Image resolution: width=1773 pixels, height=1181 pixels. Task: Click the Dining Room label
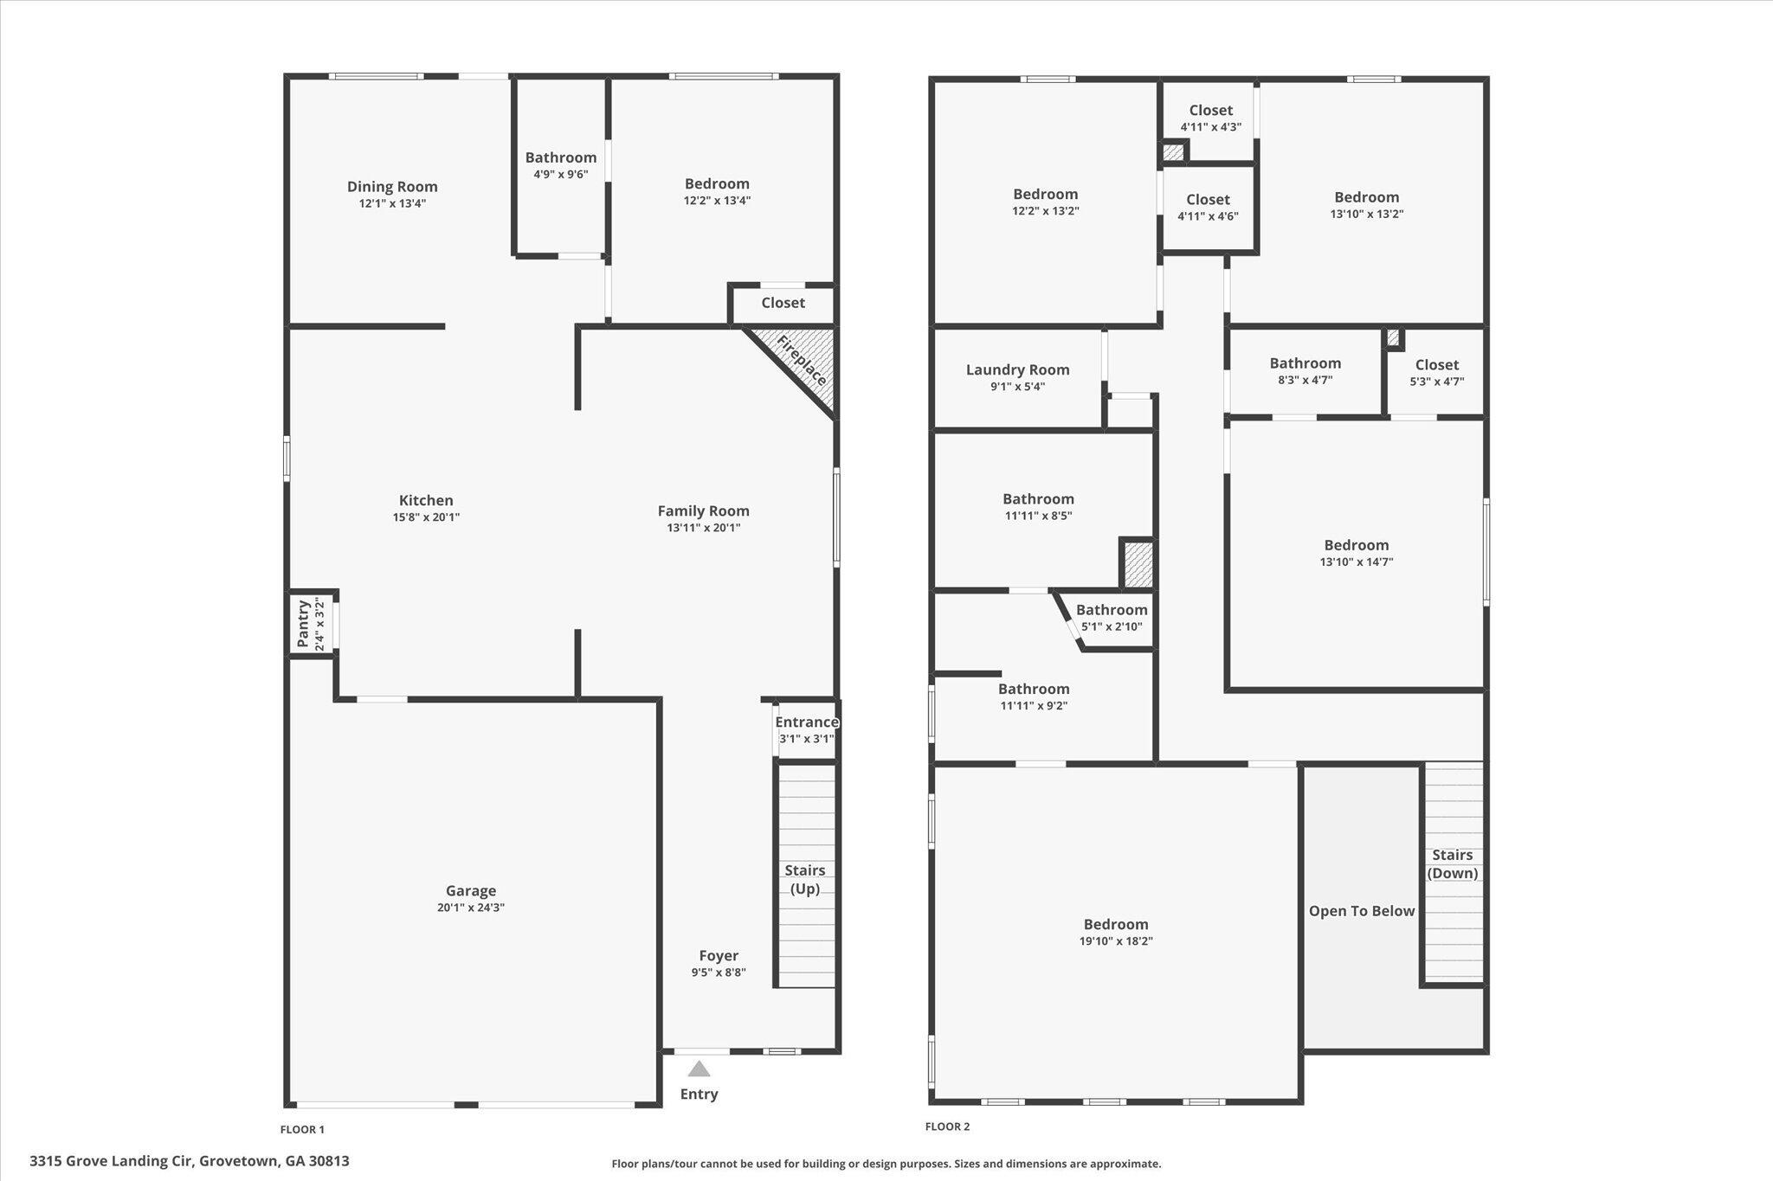coord(392,186)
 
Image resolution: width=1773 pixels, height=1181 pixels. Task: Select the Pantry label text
coord(303,623)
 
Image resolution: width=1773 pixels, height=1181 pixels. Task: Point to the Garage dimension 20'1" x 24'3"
coord(471,908)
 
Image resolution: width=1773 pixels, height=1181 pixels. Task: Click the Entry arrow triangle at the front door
coord(699,1069)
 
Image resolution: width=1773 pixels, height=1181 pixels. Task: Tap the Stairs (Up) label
coord(805,879)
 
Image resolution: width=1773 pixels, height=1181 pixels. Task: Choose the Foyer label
coord(719,955)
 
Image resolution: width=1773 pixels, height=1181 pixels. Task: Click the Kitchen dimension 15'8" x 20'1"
coord(426,517)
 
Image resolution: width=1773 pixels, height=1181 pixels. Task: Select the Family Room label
coord(703,510)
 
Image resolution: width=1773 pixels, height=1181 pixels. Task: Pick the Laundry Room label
coord(1018,369)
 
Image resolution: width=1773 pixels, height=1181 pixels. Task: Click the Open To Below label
coord(1362,910)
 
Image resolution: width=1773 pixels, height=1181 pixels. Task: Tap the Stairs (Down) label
coord(1453,863)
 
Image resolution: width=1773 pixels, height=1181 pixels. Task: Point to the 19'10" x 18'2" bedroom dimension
coord(1116,941)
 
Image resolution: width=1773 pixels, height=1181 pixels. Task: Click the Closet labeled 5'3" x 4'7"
coord(1437,364)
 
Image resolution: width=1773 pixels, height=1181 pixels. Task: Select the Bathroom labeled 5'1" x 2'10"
coord(1112,610)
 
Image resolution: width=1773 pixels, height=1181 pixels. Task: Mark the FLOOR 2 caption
coord(947,1126)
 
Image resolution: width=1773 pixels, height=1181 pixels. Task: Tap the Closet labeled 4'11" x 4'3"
coord(1210,110)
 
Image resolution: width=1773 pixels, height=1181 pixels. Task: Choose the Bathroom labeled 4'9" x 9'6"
coord(561,157)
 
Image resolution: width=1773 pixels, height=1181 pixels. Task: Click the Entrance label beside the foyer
coord(807,722)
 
